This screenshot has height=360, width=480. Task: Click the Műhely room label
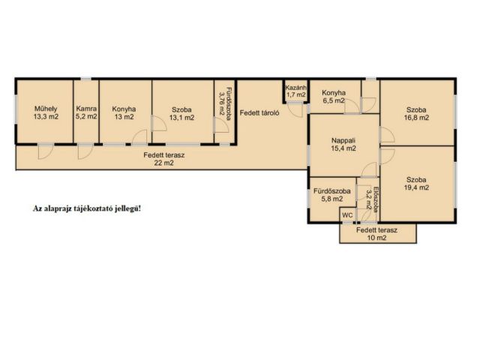(x=46, y=112)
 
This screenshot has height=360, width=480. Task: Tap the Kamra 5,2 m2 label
(x=86, y=112)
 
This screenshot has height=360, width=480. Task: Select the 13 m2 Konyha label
(x=124, y=112)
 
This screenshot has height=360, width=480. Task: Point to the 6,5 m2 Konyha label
(x=333, y=97)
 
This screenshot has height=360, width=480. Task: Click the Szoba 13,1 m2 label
(x=181, y=113)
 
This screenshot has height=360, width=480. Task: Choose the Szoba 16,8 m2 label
(x=416, y=113)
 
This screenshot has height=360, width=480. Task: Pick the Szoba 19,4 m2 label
(x=416, y=184)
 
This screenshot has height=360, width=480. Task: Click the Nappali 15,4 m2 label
(x=343, y=145)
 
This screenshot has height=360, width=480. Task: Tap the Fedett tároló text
(x=259, y=112)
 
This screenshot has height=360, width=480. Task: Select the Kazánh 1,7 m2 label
(x=295, y=91)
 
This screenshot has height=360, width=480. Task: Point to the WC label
(x=347, y=215)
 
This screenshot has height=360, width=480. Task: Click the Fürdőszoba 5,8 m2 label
(x=332, y=195)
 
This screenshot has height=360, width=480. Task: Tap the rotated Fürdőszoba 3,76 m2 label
(x=225, y=101)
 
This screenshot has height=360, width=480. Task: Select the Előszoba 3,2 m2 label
(x=373, y=199)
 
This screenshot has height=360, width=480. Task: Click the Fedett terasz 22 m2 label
(x=164, y=159)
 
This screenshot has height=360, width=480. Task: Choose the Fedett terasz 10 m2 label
(x=376, y=234)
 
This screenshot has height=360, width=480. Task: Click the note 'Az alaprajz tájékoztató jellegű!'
(x=87, y=208)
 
